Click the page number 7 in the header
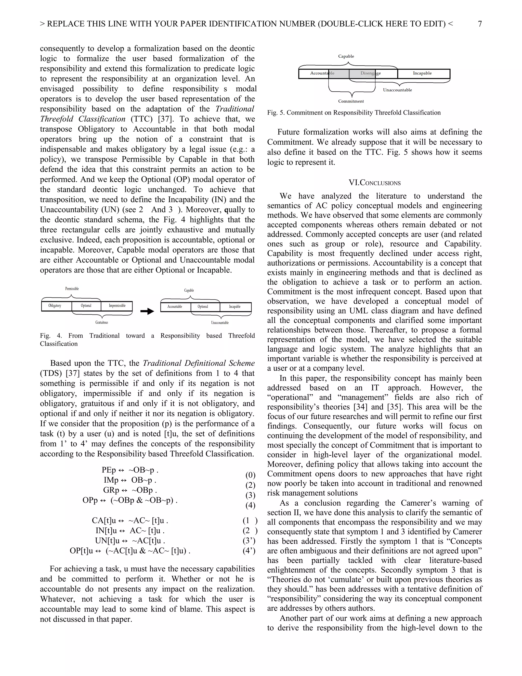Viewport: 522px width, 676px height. (480, 24)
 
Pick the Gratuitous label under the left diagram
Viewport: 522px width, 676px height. (102, 322)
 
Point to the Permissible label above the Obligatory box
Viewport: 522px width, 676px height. (72, 289)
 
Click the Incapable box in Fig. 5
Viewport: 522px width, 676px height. (422, 73)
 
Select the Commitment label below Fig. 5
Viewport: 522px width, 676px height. (351, 101)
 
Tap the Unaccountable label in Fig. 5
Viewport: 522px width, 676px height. (397, 90)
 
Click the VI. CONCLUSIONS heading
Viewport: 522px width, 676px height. (374, 183)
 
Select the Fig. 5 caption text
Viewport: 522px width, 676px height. (354, 113)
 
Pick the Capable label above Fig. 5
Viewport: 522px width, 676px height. (346, 56)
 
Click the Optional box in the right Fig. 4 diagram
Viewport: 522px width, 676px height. (203, 307)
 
